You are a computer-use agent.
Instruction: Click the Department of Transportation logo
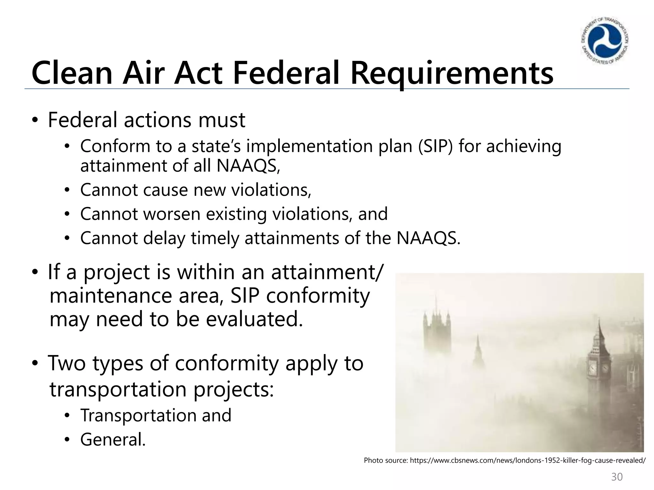[605, 41]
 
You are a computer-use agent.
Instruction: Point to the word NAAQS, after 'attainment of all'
[248, 166]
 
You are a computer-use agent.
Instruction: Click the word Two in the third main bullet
[67, 363]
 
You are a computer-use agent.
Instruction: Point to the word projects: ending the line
[233, 390]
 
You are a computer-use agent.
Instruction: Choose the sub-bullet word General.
[113, 440]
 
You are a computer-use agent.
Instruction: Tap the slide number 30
[617, 477]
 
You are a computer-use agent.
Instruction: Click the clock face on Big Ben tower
[593, 369]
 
